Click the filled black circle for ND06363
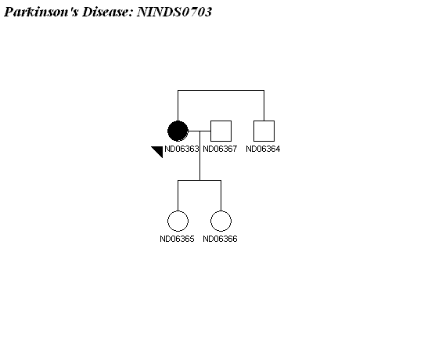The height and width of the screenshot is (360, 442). pyautogui.click(x=178, y=131)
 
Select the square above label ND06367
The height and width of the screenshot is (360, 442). pyautogui.click(x=221, y=131)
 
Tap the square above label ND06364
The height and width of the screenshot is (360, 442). pyautogui.click(x=264, y=131)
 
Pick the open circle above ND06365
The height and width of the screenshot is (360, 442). pyautogui.click(x=178, y=221)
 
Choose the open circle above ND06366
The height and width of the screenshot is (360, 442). pyautogui.click(x=221, y=221)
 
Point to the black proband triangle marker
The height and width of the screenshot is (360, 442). pyautogui.click(x=159, y=150)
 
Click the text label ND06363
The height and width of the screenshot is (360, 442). pyautogui.click(x=181, y=149)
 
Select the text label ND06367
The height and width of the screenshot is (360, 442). pyautogui.click(x=220, y=149)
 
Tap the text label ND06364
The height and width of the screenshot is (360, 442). pyautogui.click(x=264, y=149)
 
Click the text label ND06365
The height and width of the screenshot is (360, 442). pyautogui.click(x=177, y=239)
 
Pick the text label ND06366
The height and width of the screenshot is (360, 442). pyautogui.click(x=220, y=239)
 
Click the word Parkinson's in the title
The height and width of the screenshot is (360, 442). pyautogui.click(x=41, y=12)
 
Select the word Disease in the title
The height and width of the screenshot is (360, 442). pyautogui.click(x=107, y=12)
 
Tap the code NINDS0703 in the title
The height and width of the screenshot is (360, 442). pyautogui.click(x=174, y=12)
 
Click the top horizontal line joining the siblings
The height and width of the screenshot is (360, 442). pyautogui.click(x=221, y=91)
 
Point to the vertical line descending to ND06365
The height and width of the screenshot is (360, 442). pyautogui.click(x=178, y=196)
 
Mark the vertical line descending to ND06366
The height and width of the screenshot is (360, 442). pyautogui.click(x=221, y=196)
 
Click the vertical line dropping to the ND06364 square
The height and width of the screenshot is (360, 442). pyautogui.click(x=264, y=106)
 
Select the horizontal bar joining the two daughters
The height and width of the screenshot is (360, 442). pyautogui.click(x=199, y=181)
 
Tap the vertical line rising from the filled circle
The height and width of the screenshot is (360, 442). pyautogui.click(x=178, y=106)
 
